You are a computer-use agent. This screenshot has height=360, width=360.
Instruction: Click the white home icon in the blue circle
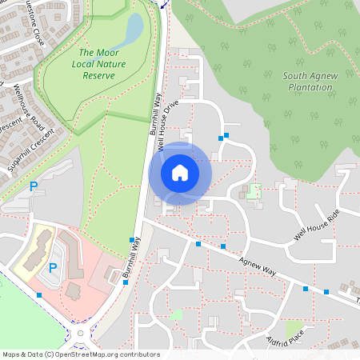coord(180,172)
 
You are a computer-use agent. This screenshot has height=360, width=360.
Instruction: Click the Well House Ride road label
coord(317,224)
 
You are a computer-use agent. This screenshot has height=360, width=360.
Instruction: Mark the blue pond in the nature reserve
coord(133,30)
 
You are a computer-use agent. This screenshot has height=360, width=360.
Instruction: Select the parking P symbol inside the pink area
coord(53,267)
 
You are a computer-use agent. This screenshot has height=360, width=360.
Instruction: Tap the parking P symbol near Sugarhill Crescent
coord(34,186)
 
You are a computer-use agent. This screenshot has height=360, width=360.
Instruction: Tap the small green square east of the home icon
coord(254,191)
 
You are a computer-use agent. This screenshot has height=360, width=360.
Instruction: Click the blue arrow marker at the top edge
coord(164,3)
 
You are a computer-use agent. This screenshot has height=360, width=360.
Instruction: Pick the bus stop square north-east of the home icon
coord(226,135)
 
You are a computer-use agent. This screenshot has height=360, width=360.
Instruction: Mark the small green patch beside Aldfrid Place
coord(295,329)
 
